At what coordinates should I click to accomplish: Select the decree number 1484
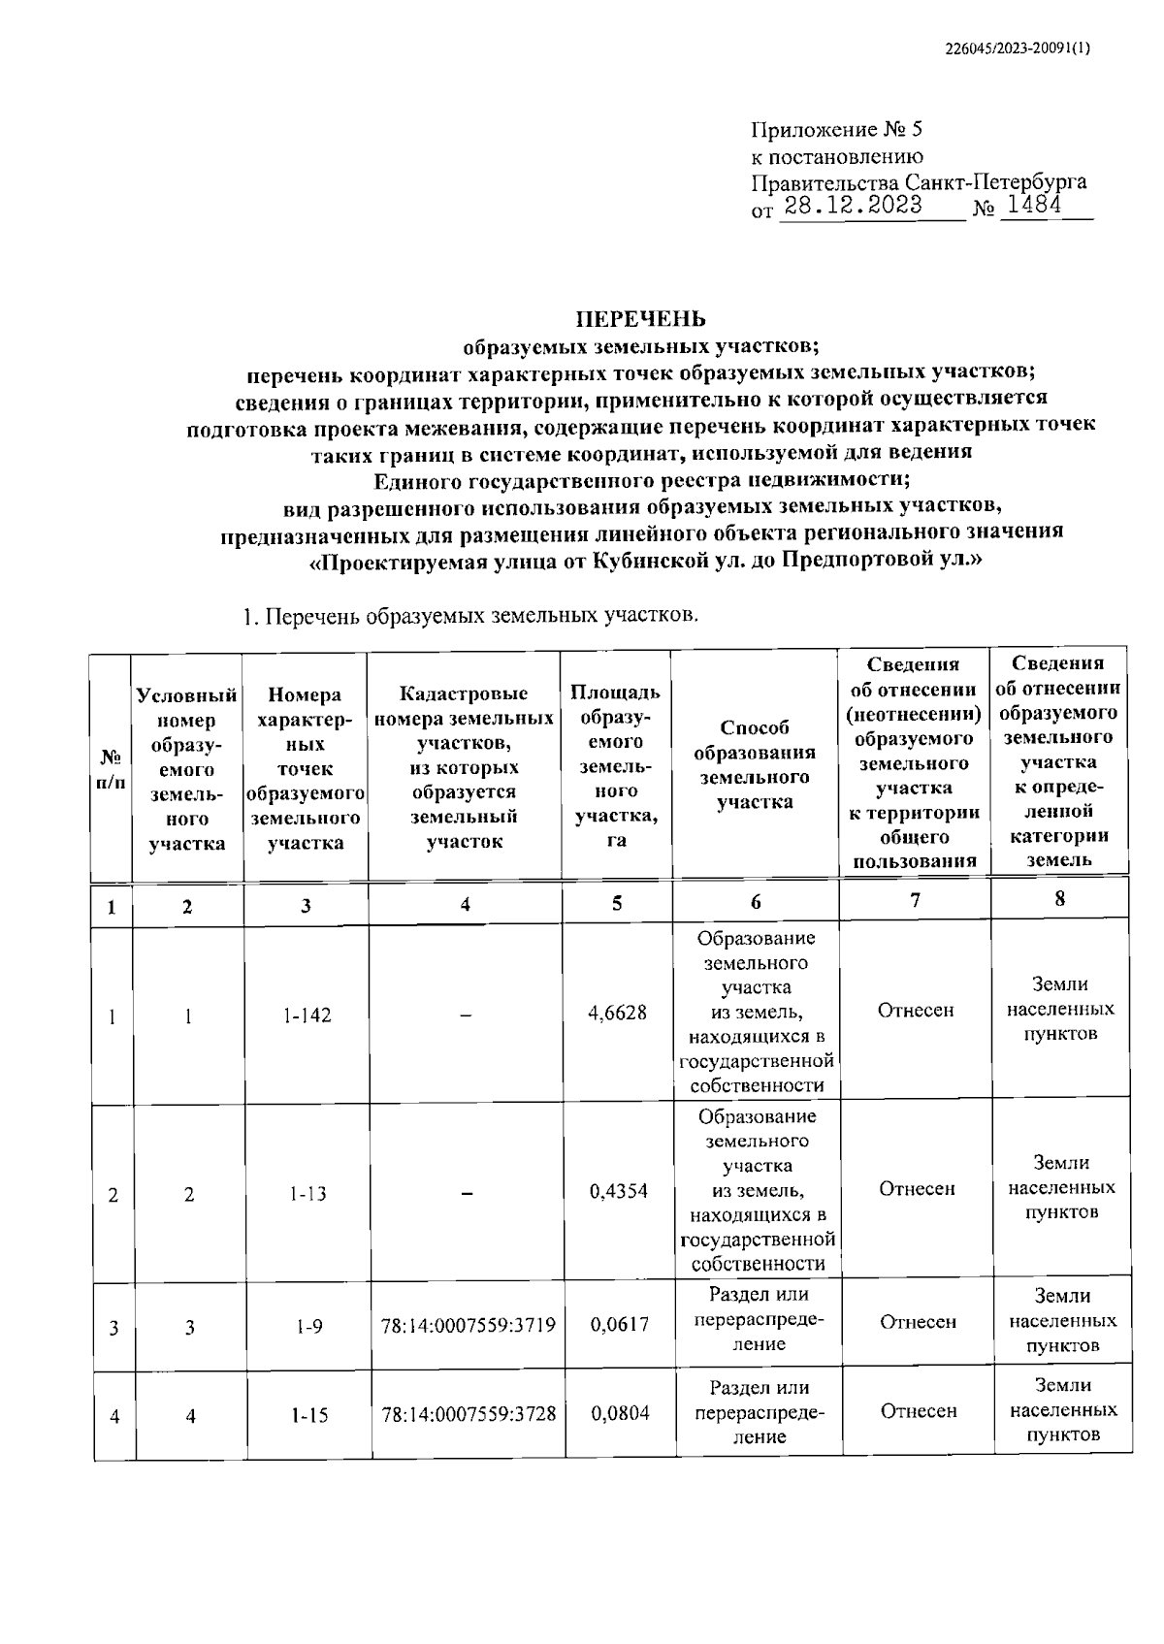click(1034, 206)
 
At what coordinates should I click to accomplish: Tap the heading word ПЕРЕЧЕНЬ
click(641, 319)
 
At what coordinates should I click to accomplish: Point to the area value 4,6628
click(617, 1013)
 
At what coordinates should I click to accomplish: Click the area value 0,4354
click(618, 1192)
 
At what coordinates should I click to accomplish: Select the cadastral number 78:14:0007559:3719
click(469, 1325)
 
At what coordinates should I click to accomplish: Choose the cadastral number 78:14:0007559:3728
click(469, 1414)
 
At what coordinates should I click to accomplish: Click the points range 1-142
click(307, 1015)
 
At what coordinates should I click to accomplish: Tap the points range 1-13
click(307, 1194)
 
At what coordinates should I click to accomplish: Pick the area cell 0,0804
click(620, 1414)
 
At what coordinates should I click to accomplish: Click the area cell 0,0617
click(619, 1325)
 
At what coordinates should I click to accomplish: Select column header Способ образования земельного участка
click(755, 764)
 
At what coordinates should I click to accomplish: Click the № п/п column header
click(112, 769)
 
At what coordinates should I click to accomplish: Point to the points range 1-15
click(308, 1416)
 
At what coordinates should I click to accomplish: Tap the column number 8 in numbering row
click(1059, 899)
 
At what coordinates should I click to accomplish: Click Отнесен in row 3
click(917, 1322)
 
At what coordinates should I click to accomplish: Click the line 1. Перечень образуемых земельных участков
click(469, 616)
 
